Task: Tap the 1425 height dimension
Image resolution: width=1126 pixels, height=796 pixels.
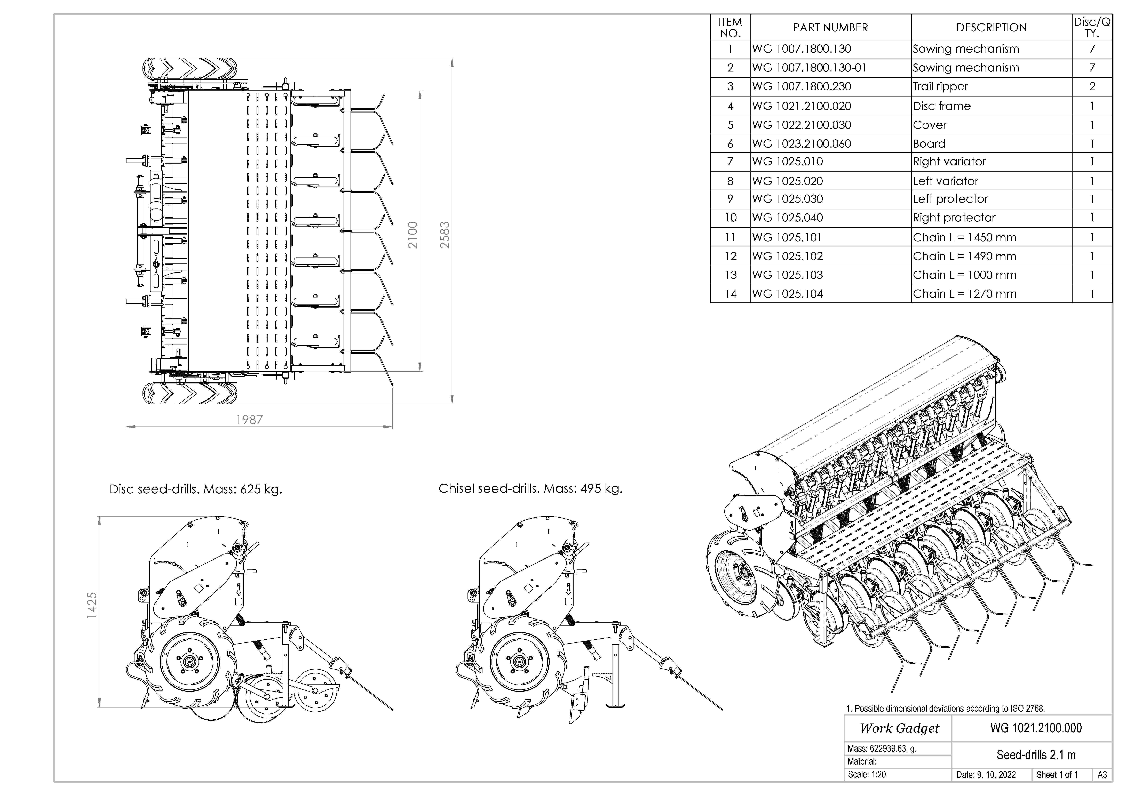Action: (x=92, y=605)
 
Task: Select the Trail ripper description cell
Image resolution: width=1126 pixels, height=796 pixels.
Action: (x=940, y=87)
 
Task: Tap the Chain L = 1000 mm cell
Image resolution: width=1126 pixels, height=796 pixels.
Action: (x=964, y=275)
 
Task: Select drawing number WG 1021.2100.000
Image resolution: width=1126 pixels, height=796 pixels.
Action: (x=1036, y=728)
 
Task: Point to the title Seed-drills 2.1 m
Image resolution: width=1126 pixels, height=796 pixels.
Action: (x=1036, y=755)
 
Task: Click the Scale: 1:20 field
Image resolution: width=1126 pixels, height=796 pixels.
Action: (x=867, y=774)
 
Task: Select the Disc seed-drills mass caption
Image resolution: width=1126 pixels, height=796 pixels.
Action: (x=196, y=489)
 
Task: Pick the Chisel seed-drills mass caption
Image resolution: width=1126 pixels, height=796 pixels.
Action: (x=530, y=489)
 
